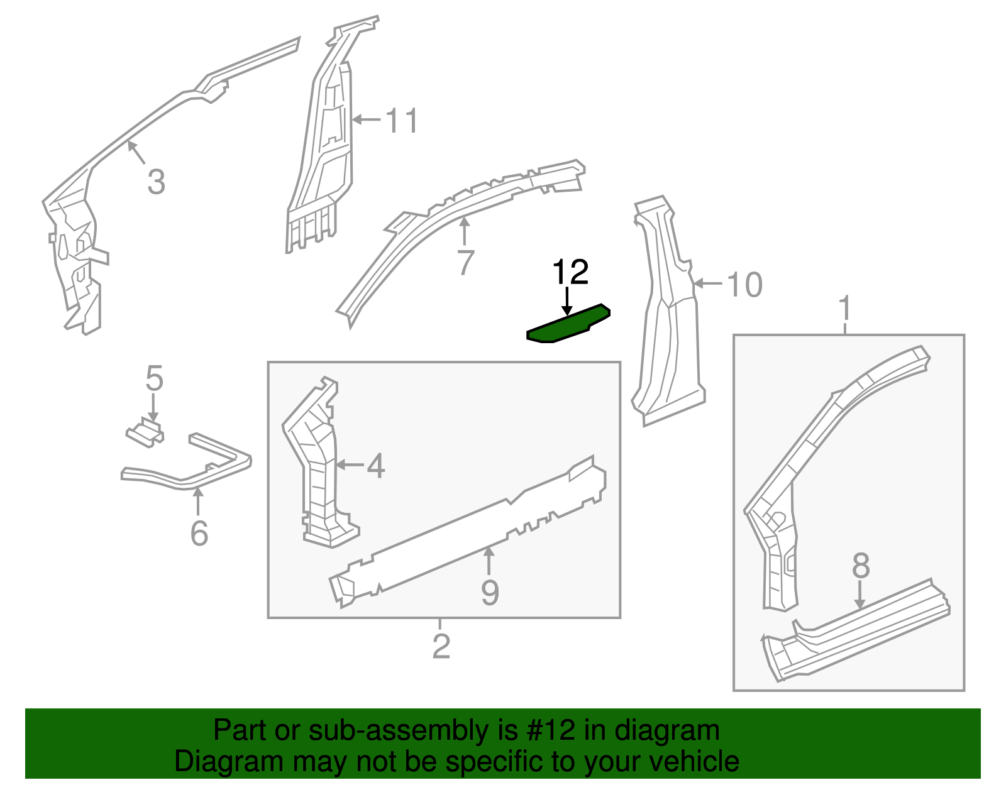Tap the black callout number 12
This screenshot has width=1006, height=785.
[x=570, y=272]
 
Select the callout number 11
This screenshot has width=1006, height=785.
[x=401, y=120]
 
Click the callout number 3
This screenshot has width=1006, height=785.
[x=156, y=182]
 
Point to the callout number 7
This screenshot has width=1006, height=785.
[x=465, y=262]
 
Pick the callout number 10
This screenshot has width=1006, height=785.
[x=744, y=285]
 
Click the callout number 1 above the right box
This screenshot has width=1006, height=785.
[x=845, y=309]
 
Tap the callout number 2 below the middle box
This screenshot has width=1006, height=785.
[x=441, y=646]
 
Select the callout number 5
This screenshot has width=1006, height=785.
[x=154, y=379]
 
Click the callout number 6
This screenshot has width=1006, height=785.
[x=199, y=534]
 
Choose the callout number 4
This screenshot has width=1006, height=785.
[x=375, y=466]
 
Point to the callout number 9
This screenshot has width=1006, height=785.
[x=490, y=592]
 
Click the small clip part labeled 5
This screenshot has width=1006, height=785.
[x=145, y=433]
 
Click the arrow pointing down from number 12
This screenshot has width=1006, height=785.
[x=567, y=301]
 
